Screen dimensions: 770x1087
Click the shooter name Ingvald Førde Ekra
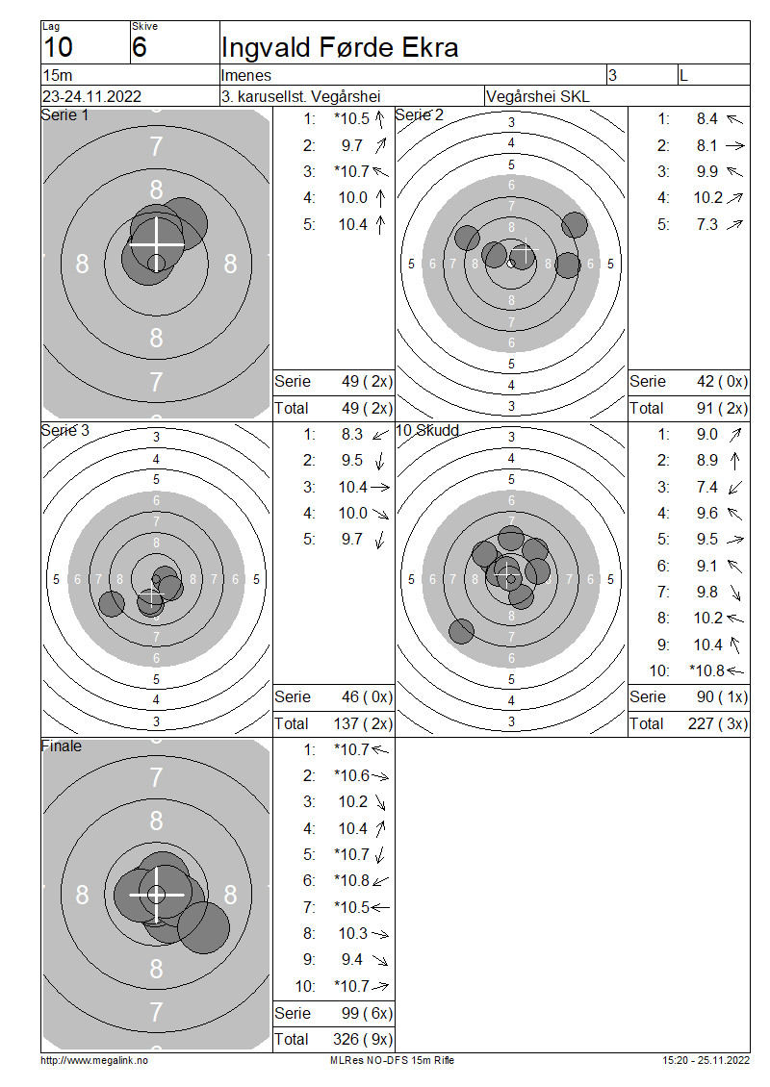pos(339,47)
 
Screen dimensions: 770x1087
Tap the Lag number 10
pos(58,47)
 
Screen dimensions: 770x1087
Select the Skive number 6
pos(139,47)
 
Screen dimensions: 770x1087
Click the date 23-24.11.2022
pos(91,96)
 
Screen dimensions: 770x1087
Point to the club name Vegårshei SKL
pos(538,96)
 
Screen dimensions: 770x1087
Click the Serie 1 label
pos(64,115)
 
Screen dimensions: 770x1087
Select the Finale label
pos(61,746)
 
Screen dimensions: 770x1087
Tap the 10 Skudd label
pos(427,431)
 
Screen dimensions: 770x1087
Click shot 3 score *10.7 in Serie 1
pos(351,171)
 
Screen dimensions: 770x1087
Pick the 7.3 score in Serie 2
pos(706,224)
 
